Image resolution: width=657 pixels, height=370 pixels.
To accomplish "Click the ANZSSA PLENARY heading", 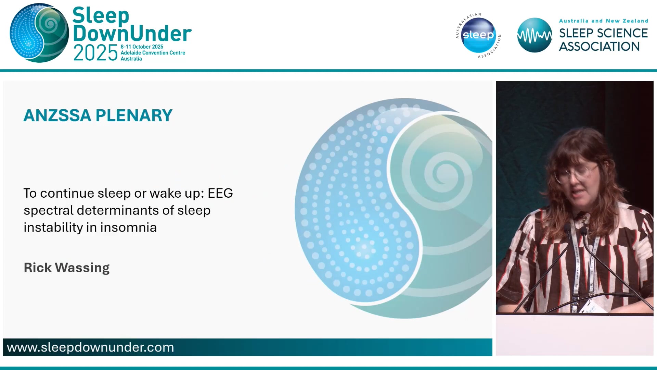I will [98, 115].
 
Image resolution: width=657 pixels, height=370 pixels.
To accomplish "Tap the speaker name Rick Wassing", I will [67, 268].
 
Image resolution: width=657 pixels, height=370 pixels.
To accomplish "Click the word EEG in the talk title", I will [220, 193].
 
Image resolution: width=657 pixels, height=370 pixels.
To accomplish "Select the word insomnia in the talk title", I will [128, 227].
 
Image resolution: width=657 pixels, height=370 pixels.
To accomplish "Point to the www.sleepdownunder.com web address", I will [90, 347].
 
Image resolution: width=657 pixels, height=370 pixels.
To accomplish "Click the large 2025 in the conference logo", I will [95, 53].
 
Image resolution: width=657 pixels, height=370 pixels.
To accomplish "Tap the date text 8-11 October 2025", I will [142, 47].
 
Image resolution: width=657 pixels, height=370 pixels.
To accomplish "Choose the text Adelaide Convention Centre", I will [153, 53].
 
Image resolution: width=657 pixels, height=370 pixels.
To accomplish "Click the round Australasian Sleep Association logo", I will [478, 35].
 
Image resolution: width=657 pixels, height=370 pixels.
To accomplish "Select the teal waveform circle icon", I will [534, 35].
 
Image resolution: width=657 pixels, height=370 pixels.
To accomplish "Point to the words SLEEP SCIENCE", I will [603, 33].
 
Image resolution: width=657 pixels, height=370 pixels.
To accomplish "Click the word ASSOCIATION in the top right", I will [599, 47].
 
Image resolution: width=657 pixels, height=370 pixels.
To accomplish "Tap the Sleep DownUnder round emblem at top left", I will [39, 33].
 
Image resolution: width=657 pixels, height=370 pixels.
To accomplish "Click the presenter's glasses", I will [576, 173].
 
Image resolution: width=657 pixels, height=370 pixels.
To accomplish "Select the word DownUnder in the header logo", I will [132, 34].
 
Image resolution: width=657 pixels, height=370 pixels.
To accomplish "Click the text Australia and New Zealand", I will [603, 21].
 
